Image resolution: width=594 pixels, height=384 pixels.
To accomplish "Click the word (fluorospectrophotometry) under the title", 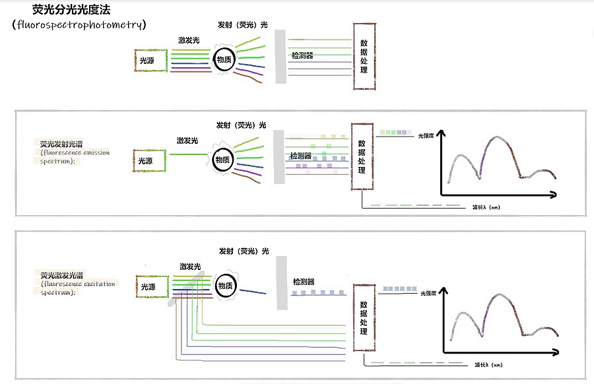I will (x=79, y=24).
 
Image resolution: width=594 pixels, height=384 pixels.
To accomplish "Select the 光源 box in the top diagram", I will (x=150, y=61).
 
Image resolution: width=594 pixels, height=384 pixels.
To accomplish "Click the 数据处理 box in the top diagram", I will (x=364, y=57).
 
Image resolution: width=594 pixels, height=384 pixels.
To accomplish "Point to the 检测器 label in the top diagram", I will (x=302, y=55).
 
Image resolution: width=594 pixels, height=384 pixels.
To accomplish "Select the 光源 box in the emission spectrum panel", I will (x=150, y=160).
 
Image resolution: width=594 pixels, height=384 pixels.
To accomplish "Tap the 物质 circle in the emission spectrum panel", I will (x=223, y=159).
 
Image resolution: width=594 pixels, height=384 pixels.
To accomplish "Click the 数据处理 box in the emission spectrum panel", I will (x=362, y=156).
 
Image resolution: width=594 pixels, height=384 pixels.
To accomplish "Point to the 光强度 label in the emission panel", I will (x=426, y=135).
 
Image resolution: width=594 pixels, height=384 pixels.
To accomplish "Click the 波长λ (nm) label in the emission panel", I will (x=486, y=207).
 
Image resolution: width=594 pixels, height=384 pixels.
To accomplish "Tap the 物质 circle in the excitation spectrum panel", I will (x=226, y=286).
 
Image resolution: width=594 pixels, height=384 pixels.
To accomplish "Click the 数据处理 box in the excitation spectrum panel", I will (x=363, y=318).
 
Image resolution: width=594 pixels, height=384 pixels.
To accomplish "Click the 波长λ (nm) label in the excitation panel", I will (x=488, y=365).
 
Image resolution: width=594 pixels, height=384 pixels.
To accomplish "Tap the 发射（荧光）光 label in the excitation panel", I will (x=244, y=251).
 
